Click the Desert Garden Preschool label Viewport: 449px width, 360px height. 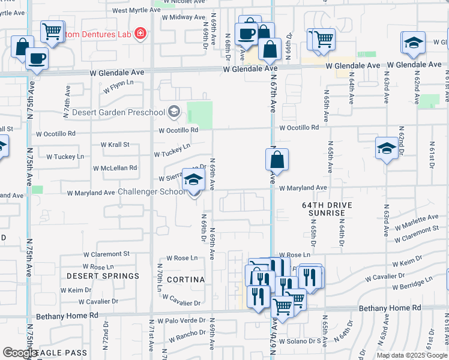click(x=118, y=112)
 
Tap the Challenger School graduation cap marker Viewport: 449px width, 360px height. click(x=193, y=179)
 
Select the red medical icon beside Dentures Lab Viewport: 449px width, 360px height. click(x=140, y=33)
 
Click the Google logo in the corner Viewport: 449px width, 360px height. click(x=20, y=352)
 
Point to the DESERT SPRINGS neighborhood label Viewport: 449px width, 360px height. click(x=103, y=276)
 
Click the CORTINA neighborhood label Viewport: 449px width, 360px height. click(x=185, y=280)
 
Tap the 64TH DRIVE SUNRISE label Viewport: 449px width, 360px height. click(x=327, y=209)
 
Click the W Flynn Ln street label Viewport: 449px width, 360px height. click(x=118, y=88)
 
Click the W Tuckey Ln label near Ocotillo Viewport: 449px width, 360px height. click(x=172, y=150)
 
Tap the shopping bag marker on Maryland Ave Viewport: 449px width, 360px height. click(x=277, y=161)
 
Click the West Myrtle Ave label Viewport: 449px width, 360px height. click(x=136, y=10)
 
